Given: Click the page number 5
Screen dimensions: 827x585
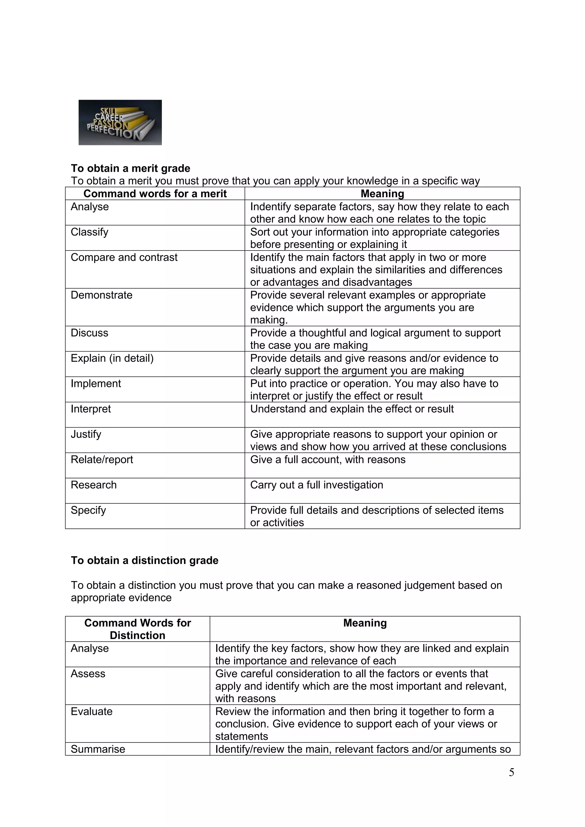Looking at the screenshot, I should click(x=511, y=772).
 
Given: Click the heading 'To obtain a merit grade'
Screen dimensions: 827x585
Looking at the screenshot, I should click(x=131, y=168).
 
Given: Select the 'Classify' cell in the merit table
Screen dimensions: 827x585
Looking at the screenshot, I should click(x=89, y=232).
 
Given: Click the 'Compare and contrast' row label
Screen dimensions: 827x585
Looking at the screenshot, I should click(x=124, y=257).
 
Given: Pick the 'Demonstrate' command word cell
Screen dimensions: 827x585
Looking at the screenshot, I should click(x=102, y=295).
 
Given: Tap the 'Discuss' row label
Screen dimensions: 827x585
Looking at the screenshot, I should click(x=89, y=333).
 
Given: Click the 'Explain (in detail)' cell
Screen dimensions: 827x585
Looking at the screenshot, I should click(x=112, y=358).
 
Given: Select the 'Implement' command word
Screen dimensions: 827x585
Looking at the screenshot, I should click(x=96, y=383).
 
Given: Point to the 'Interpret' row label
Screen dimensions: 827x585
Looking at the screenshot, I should click(x=91, y=409).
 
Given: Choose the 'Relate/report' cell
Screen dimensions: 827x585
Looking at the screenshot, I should click(x=102, y=460).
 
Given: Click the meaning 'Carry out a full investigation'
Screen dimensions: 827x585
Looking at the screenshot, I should click(x=316, y=485).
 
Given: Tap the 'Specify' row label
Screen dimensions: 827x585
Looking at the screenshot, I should click(x=88, y=510).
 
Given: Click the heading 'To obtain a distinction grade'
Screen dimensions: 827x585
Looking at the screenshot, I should click(x=145, y=560).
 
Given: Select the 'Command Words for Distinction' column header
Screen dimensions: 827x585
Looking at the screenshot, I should click(x=137, y=629).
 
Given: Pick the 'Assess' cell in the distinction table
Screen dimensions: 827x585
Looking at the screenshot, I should click(x=88, y=673).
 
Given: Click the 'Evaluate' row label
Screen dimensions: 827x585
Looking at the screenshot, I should click(x=92, y=711).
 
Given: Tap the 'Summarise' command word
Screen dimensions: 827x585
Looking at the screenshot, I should click(x=98, y=749).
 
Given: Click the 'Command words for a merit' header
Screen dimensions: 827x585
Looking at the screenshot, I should click(x=155, y=193).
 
